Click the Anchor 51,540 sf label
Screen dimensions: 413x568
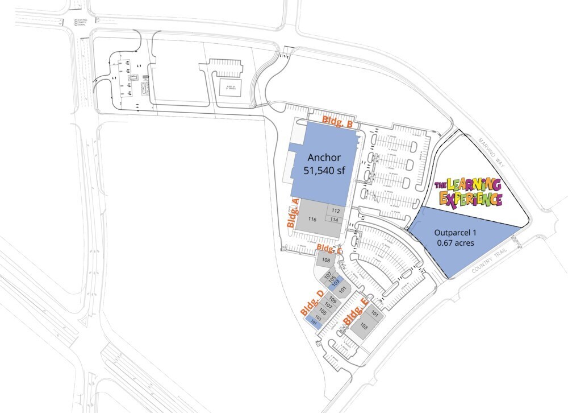tap(326, 163)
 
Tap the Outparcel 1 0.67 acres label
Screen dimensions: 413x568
tap(454, 238)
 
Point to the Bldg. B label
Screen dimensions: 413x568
tap(339, 122)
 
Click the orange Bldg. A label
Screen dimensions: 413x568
tap(293, 213)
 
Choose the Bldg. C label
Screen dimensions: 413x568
tap(329, 249)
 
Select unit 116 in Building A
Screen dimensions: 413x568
tap(312, 219)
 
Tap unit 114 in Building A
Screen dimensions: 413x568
tap(335, 220)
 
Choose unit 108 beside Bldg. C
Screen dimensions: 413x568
tap(326, 261)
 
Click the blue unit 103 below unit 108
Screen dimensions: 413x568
tap(336, 282)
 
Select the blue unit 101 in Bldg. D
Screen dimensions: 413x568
tap(313, 323)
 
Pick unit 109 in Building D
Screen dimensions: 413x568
tap(333, 300)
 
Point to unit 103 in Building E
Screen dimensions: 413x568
tap(364, 327)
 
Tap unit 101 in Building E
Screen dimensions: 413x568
tap(375, 313)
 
